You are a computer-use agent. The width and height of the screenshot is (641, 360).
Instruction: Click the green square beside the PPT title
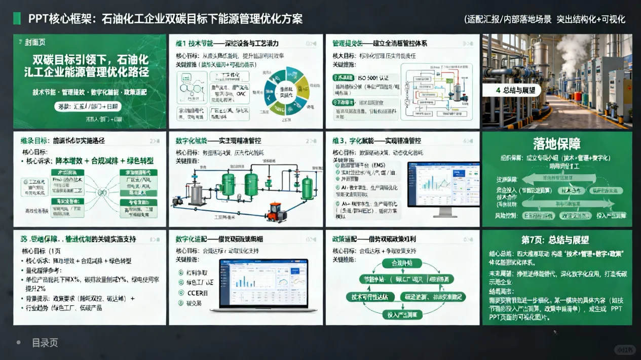[x=17, y=19]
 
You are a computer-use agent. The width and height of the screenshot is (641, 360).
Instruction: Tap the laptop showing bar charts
[x=263, y=285]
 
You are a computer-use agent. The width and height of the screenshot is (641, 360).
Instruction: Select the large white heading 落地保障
[x=557, y=144]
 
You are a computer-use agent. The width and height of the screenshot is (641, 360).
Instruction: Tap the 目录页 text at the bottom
[x=45, y=343]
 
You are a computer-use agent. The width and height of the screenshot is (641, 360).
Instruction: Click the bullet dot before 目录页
[x=19, y=342]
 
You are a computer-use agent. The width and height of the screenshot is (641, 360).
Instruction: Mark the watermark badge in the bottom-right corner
[x=623, y=349]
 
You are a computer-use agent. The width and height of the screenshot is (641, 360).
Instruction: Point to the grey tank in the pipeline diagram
[x=196, y=192]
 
